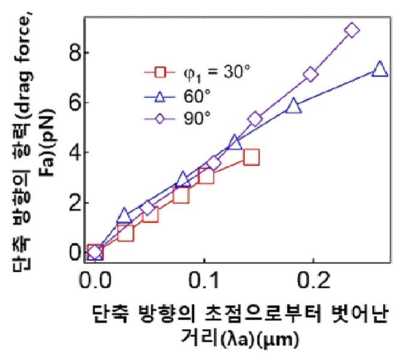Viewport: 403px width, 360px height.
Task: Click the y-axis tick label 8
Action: point(74,53)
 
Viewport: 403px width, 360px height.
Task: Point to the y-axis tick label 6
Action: point(74,102)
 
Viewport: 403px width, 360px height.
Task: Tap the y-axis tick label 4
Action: point(74,152)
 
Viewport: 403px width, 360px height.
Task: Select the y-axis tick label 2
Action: point(74,202)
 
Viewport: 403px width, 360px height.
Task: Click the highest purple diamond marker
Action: point(351,30)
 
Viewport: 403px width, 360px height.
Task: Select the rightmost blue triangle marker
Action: point(380,69)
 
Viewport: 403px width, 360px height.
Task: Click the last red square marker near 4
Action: point(251,156)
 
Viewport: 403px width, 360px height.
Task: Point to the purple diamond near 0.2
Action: point(311,74)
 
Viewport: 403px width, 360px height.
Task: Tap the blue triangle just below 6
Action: point(293,105)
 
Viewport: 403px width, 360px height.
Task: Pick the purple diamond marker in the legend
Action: point(160,119)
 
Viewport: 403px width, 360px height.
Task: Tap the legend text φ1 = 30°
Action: point(216,73)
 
